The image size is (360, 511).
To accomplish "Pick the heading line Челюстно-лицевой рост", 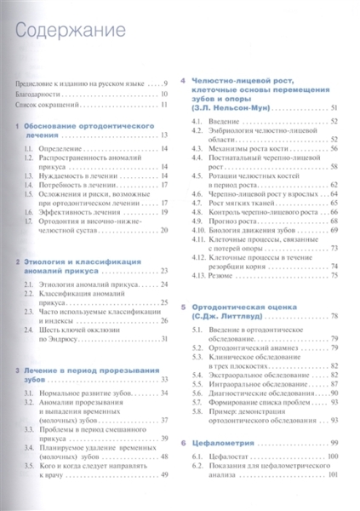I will click(246, 79).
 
